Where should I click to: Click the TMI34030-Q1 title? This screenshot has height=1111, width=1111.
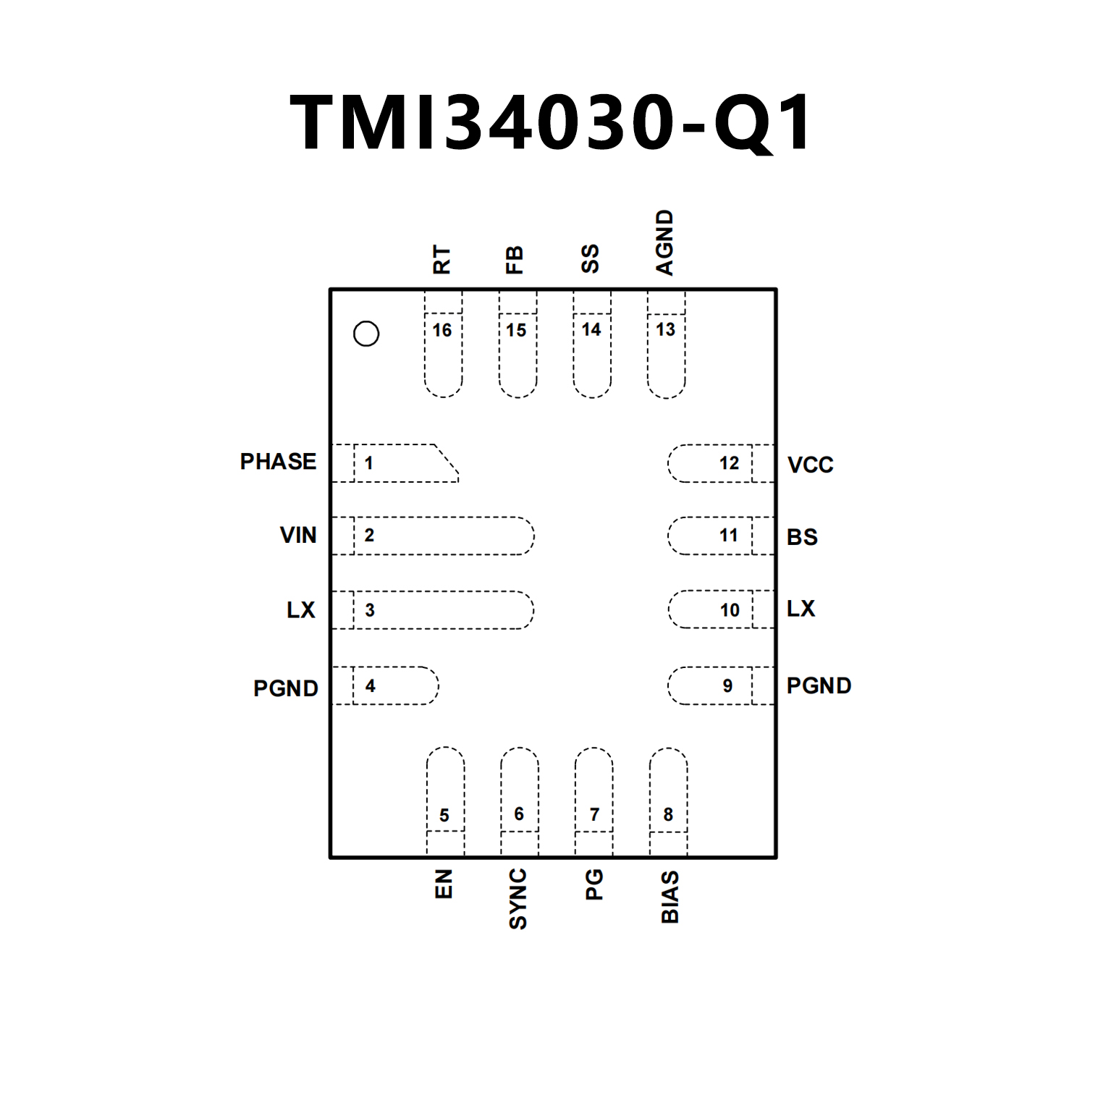coord(552,123)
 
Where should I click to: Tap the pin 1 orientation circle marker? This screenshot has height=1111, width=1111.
coord(366,334)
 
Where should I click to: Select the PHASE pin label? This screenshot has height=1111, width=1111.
coord(278,462)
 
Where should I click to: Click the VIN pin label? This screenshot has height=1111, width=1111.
coord(298,536)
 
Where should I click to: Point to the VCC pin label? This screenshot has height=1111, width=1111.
coord(810,465)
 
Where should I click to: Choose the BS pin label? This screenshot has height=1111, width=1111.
coord(802,537)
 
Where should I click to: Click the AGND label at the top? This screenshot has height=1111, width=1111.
coord(664,242)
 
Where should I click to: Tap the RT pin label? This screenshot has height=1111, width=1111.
coord(442,259)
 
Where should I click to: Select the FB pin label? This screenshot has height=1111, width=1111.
coord(514,260)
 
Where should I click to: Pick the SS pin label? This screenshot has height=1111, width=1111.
coord(591,258)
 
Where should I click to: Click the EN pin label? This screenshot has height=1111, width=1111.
coord(444,884)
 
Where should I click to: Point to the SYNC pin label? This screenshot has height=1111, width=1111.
coord(518,900)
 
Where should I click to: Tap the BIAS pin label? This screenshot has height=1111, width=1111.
coord(670,897)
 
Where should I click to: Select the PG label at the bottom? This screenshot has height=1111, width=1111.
coord(594,885)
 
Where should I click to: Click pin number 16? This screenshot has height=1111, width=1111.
coord(442,331)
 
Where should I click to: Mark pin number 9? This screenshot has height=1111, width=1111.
coord(727,685)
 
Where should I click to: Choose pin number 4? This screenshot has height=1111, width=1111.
coord(371,685)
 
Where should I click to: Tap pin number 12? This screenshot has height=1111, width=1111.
coord(729,463)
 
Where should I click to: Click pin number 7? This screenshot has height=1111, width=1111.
coord(594,815)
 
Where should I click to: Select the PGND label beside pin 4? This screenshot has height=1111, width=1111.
coord(286,688)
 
